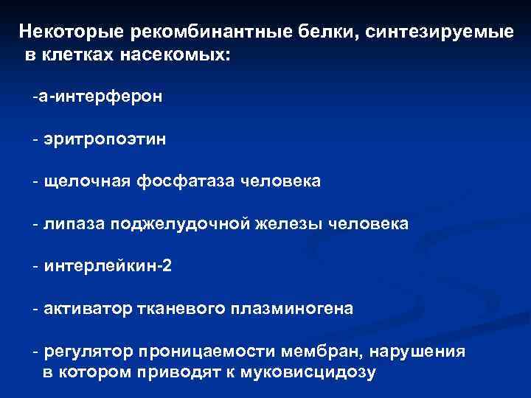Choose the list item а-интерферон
pyautogui.click(x=98, y=97)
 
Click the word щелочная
pyautogui.click(x=85, y=181)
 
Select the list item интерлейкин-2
pyautogui.click(x=108, y=266)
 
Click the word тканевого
pyautogui.click(x=184, y=309)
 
